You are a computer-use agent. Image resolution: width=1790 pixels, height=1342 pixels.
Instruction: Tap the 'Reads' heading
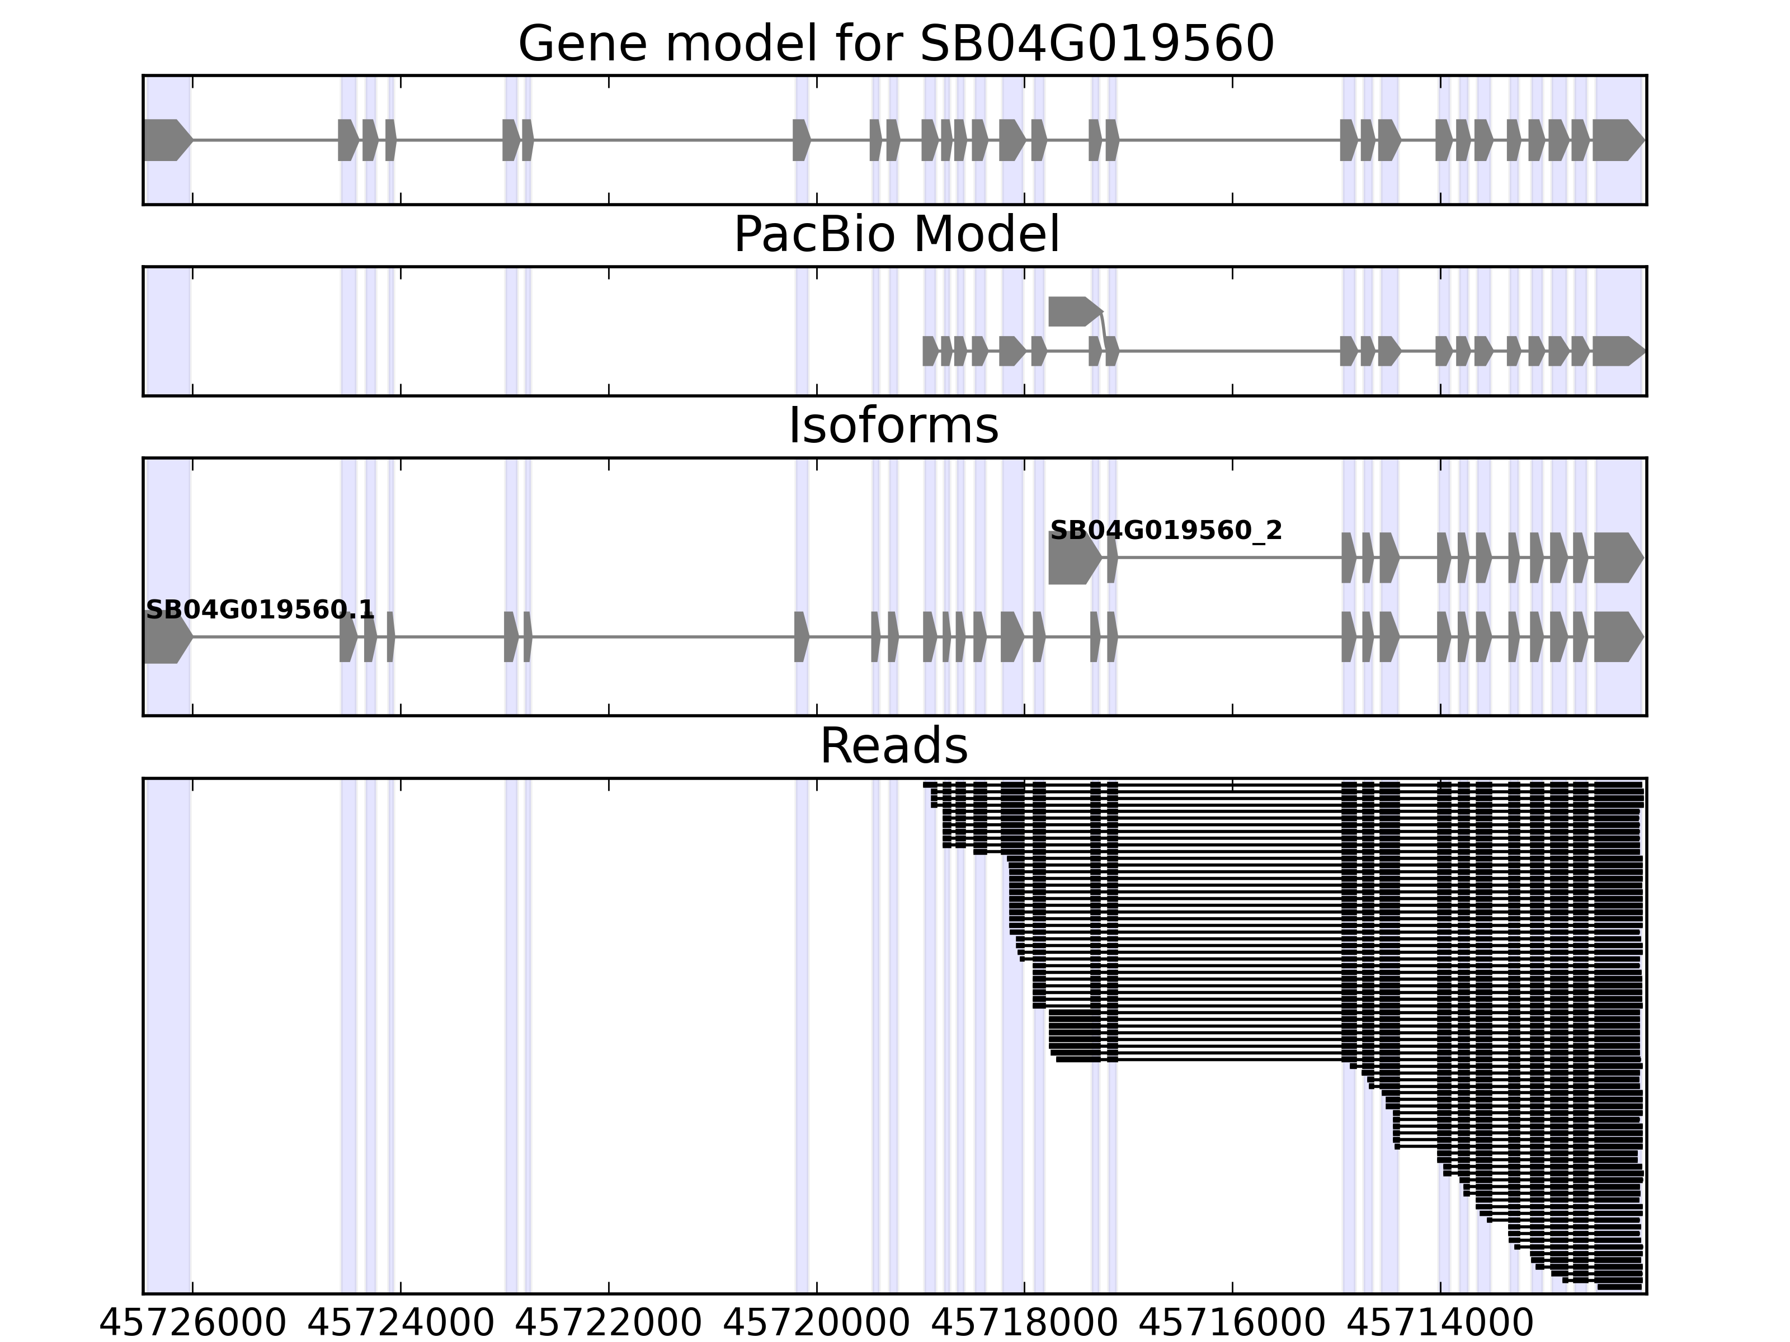893,746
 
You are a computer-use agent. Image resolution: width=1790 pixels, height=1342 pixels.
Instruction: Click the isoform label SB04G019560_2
1165,531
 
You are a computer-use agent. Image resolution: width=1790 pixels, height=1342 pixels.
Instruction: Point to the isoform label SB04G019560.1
260,610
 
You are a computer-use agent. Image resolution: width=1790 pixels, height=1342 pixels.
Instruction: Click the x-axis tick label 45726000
192,1324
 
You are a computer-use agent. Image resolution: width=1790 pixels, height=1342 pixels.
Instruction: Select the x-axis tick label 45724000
401,1324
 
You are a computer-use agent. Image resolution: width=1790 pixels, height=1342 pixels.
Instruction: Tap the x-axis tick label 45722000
609,1324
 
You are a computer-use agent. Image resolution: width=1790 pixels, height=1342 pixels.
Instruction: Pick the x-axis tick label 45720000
817,1324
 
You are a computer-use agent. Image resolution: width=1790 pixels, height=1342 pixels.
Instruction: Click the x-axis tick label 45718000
1024,1324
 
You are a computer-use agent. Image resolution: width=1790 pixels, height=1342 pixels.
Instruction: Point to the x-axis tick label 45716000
1232,1324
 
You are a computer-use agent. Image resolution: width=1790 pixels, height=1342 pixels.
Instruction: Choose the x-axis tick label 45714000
1440,1324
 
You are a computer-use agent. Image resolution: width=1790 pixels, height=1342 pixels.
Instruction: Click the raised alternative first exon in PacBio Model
1073,311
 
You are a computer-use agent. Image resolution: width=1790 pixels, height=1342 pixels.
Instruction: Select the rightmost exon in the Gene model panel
1617,140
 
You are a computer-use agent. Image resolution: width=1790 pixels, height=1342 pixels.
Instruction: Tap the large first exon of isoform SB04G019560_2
1073,557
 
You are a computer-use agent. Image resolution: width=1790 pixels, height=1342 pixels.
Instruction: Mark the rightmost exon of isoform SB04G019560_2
1617,557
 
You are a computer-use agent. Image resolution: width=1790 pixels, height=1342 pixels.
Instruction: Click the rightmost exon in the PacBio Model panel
1617,351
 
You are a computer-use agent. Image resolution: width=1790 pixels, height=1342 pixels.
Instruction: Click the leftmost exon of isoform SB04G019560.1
166,637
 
